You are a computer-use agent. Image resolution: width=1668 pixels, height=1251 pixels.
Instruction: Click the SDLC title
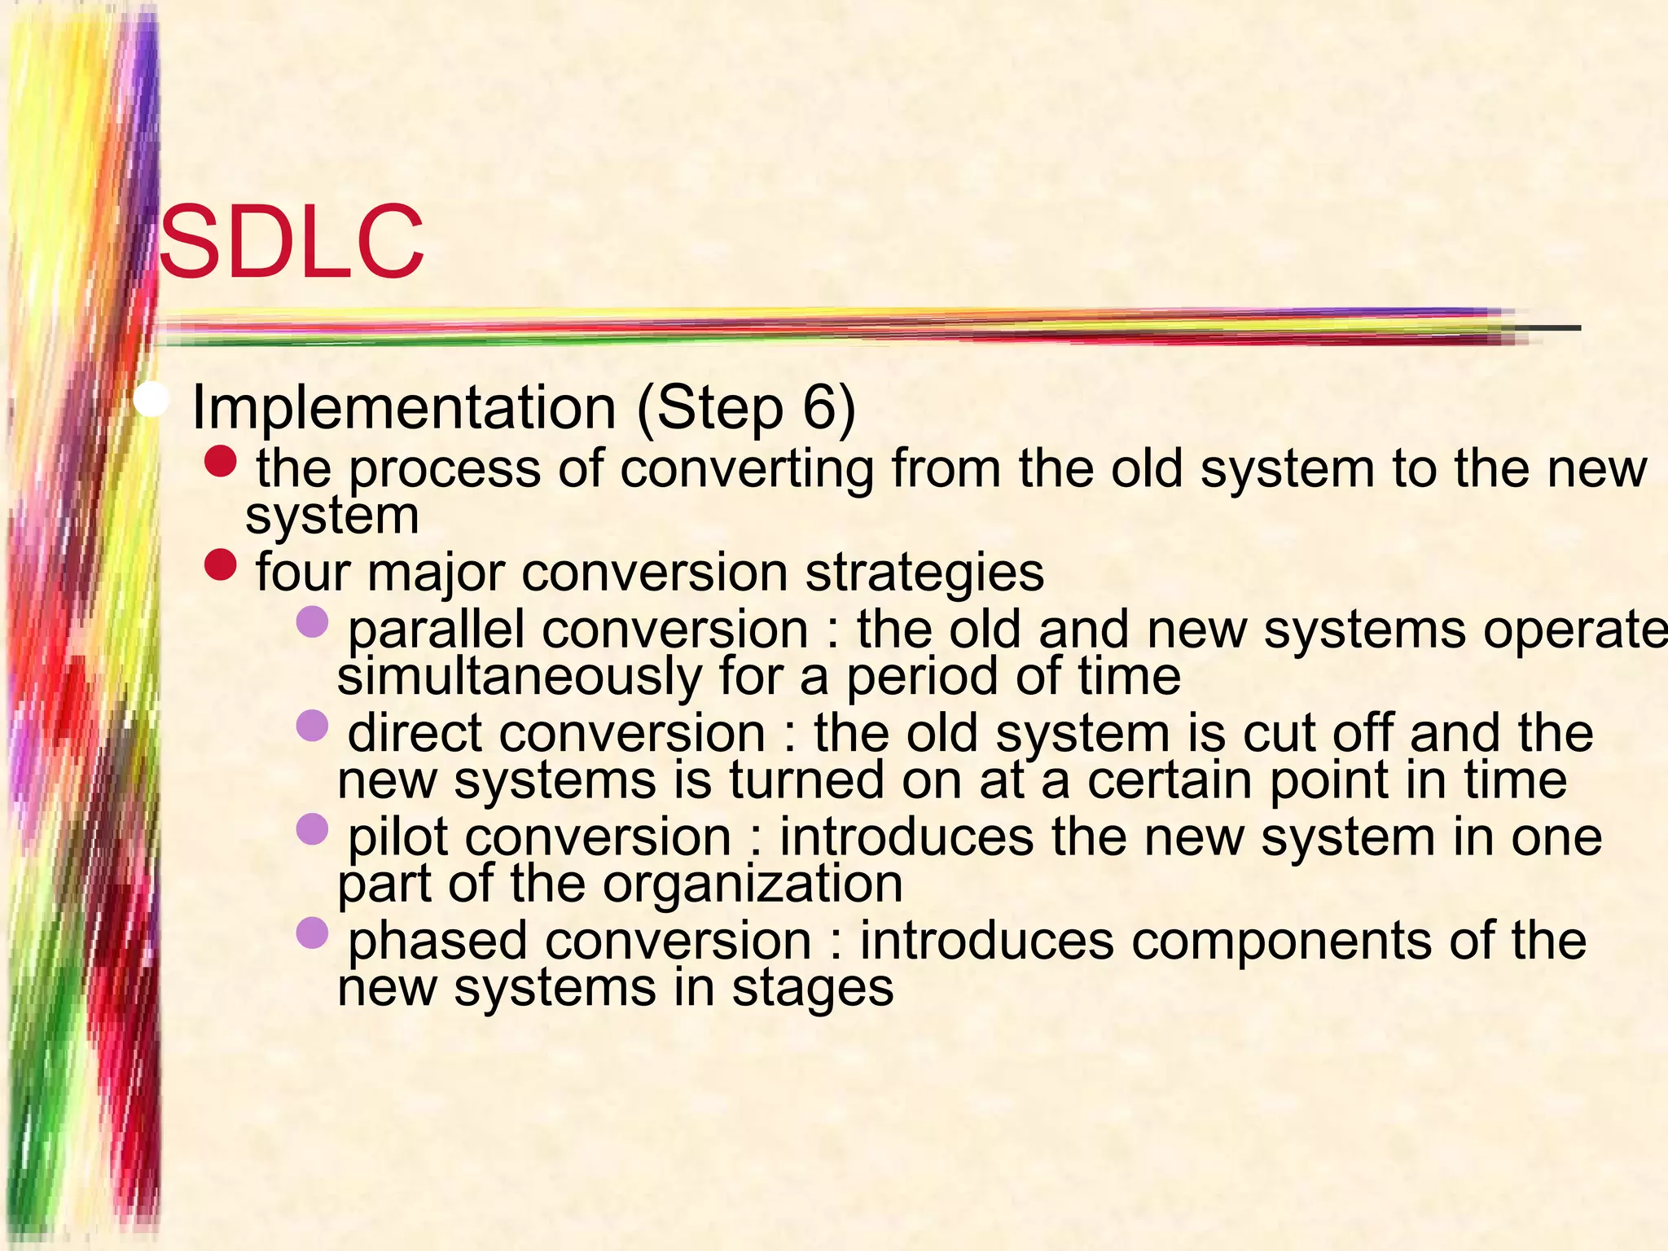pos(291,242)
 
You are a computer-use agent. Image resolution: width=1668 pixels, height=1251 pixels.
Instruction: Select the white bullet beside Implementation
pos(151,401)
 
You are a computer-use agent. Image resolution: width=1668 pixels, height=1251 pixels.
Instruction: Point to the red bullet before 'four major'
pos(220,565)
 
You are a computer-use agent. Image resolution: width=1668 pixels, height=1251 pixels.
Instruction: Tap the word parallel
pos(436,630)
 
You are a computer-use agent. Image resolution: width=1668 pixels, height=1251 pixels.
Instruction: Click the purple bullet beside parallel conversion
pos(312,622)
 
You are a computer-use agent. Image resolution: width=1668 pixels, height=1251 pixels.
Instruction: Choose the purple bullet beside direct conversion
pos(312,725)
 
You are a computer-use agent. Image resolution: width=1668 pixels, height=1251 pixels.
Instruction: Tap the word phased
pos(437,942)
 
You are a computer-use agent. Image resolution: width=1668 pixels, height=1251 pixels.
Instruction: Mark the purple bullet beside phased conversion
pos(312,933)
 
